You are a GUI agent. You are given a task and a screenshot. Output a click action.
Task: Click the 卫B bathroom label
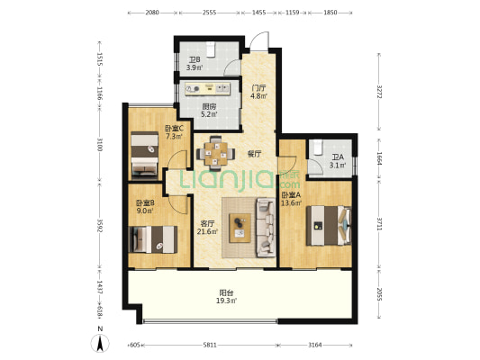pyautogui.click(x=193, y=60)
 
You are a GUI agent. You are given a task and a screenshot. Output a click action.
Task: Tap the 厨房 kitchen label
pyautogui.click(x=210, y=106)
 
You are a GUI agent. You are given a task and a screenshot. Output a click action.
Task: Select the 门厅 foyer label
pyautogui.click(x=258, y=88)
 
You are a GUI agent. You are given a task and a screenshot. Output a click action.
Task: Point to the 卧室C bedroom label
pyautogui.click(x=174, y=128)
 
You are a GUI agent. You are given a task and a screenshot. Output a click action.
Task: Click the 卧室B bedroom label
pyautogui.click(x=145, y=202)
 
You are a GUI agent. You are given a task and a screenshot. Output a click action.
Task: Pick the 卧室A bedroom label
pyautogui.click(x=292, y=194)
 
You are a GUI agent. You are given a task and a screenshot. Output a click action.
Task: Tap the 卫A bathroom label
pyautogui.click(x=338, y=157)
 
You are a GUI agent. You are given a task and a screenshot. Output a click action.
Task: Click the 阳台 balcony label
pyautogui.click(x=227, y=292)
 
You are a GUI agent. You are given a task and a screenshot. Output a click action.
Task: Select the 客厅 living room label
pyautogui.click(x=207, y=223)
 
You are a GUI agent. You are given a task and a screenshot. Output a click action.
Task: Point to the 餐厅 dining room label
pyautogui.click(x=254, y=154)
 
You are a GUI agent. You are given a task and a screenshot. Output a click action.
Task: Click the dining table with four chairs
pyautogui.click(x=216, y=153)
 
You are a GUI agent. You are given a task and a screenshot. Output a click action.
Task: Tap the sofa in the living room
pyautogui.click(x=266, y=228)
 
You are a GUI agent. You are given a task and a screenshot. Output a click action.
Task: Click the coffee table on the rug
pyautogui.click(x=240, y=228)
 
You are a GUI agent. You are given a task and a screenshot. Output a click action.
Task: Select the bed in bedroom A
pyautogui.click(x=329, y=225)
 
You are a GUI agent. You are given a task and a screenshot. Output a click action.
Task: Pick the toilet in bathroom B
pyautogui.click(x=211, y=49)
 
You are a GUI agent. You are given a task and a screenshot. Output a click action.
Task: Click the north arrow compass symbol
pyautogui.click(x=100, y=343)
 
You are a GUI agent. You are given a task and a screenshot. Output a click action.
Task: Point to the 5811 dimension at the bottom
pyautogui.click(x=210, y=345)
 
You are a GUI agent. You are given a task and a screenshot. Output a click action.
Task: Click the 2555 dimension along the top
pyautogui.click(x=210, y=13)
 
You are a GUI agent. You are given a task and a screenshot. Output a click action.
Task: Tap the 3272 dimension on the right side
pyautogui.click(x=379, y=92)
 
